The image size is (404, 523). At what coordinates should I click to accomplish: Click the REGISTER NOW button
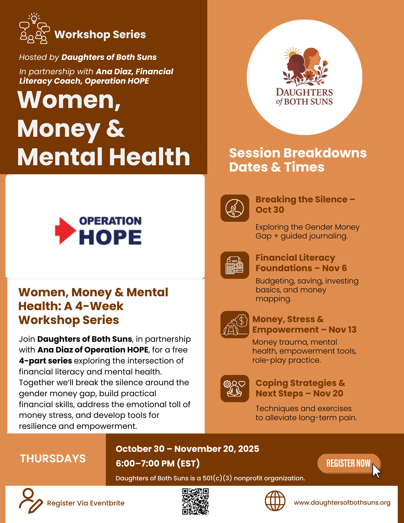click(349, 463)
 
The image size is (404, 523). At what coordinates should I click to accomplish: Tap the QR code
click(195, 501)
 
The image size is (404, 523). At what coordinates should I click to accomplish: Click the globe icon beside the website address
click(275, 501)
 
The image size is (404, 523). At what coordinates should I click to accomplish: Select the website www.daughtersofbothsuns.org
click(342, 503)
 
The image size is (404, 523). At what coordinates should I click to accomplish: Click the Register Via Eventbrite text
click(86, 503)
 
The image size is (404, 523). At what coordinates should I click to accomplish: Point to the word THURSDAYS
click(53, 459)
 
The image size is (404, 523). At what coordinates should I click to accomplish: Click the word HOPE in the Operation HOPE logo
click(110, 237)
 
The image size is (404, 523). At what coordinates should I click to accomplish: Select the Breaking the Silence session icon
click(235, 208)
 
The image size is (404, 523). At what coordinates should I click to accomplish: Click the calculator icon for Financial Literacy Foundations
click(235, 265)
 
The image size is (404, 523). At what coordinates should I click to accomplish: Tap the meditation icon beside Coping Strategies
click(235, 389)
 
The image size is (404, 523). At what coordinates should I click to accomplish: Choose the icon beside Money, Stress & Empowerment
click(235, 325)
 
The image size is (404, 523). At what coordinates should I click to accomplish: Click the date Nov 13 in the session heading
click(343, 329)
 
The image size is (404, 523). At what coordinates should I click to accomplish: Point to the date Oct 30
click(270, 210)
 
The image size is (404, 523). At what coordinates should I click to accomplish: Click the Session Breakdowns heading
click(298, 153)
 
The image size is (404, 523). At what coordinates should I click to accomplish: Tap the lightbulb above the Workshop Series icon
click(34, 18)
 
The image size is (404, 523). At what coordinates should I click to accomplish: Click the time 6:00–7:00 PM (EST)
click(158, 463)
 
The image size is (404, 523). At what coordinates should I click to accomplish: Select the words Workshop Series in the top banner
click(100, 35)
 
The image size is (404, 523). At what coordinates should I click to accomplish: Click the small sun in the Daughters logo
click(292, 54)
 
